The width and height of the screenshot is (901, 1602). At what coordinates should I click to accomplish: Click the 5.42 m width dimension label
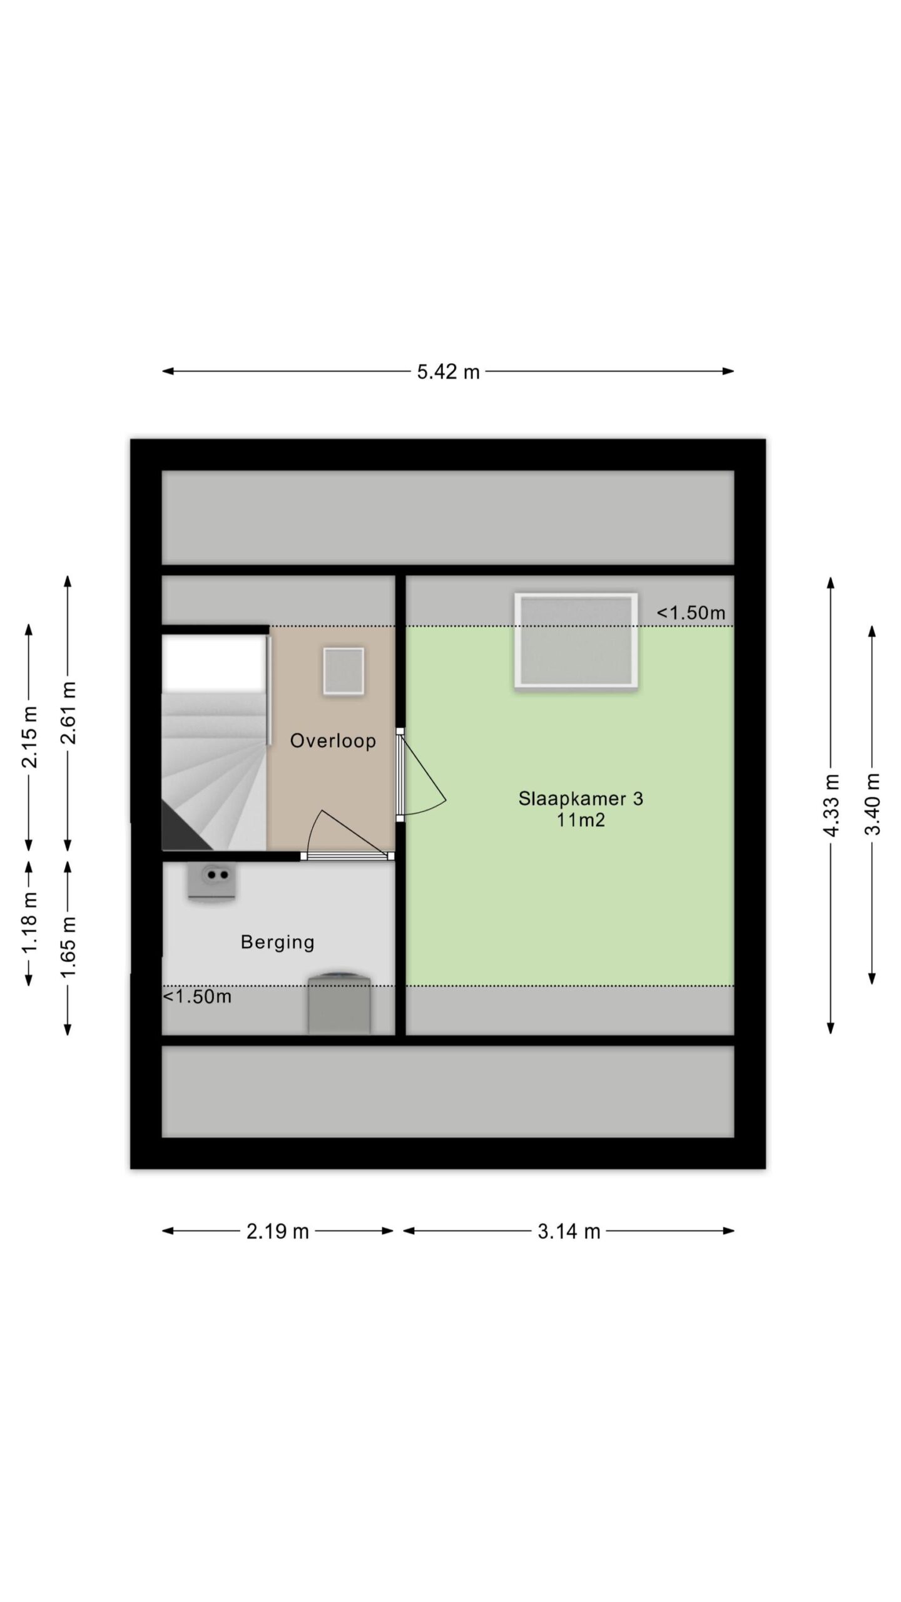448,372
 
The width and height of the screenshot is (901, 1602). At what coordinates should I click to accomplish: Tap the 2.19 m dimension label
277,1231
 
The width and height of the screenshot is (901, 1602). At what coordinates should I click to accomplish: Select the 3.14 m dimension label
569,1231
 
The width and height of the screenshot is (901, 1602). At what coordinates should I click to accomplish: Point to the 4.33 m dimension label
831,805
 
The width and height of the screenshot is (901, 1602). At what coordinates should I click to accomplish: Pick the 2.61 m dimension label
68,713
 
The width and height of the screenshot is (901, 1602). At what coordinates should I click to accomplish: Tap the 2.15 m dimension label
29,737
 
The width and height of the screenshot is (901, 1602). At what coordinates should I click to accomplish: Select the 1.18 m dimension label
29,922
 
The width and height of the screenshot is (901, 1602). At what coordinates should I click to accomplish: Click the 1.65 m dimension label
68,947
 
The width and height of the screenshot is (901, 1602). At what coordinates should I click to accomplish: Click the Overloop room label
333,741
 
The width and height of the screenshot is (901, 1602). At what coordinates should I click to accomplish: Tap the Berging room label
277,942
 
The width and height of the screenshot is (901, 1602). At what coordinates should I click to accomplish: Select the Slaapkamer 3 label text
581,798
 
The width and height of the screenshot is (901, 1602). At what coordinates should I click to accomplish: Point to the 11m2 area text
581,820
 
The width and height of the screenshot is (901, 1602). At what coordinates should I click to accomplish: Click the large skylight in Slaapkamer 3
576,641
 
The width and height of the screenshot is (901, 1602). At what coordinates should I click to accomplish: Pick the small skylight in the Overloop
344,671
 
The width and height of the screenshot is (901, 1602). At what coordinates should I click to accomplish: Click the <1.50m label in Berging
197,997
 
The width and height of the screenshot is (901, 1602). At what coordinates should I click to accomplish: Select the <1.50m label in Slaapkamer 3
691,613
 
